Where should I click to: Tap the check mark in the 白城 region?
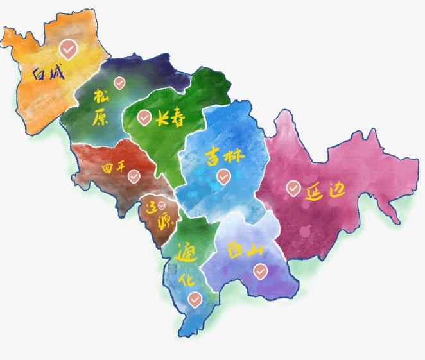coord(67,48)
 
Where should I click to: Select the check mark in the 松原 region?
coord(119,82)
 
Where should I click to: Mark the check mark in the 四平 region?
coord(134,176)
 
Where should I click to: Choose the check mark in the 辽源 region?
coord(162,206)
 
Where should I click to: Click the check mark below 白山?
coord(259,272)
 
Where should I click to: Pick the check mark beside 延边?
coord(293,188)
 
